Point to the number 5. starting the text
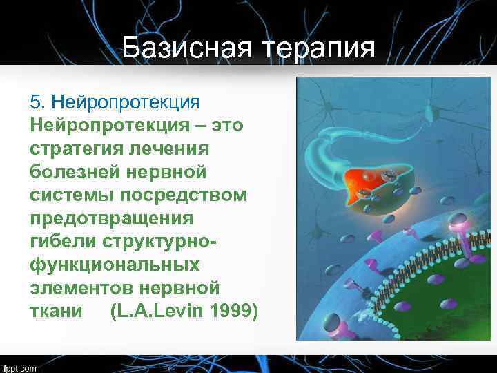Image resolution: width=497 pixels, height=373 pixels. point(37,102)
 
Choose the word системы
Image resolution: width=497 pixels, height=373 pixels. point(68,195)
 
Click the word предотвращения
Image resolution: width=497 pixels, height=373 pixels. point(112,218)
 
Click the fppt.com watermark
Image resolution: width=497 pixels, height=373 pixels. point(20,368)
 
